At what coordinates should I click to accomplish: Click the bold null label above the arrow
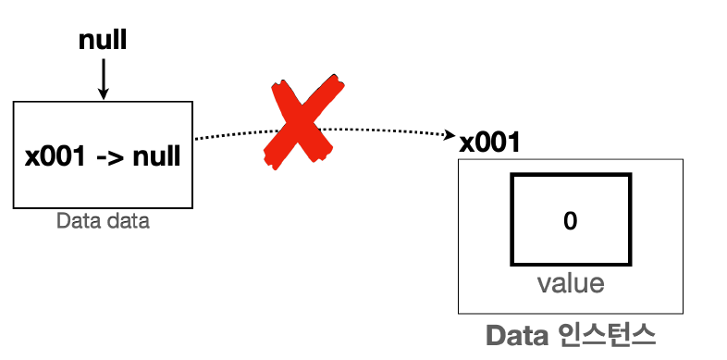pyautogui.click(x=103, y=40)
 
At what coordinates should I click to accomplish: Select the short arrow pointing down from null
pyautogui.click(x=103, y=77)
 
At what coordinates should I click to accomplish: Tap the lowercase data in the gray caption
pyautogui.click(x=125, y=222)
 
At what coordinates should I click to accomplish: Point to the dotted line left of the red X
pyautogui.click(x=231, y=134)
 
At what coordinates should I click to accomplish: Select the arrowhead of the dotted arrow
pyautogui.click(x=450, y=136)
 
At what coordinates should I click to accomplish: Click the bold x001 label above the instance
pyautogui.click(x=489, y=143)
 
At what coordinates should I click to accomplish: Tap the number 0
pyautogui.click(x=570, y=220)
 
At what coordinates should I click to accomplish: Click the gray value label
pyautogui.click(x=571, y=282)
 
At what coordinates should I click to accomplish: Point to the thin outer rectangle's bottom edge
pyautogui.click(x=571, y=314)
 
